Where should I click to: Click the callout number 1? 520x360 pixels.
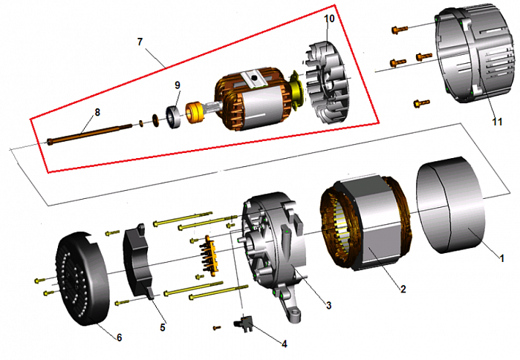(501, 259)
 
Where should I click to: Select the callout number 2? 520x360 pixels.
(403, 289)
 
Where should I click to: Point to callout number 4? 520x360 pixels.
(283, 343)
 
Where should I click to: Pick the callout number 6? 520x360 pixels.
(118, 337)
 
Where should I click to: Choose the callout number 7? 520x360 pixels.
(140, 42)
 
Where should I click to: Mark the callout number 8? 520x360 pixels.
(96, 112)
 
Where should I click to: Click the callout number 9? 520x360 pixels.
(178, 85)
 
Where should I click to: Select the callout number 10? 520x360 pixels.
(330, 16)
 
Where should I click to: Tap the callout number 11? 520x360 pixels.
(497, 120)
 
